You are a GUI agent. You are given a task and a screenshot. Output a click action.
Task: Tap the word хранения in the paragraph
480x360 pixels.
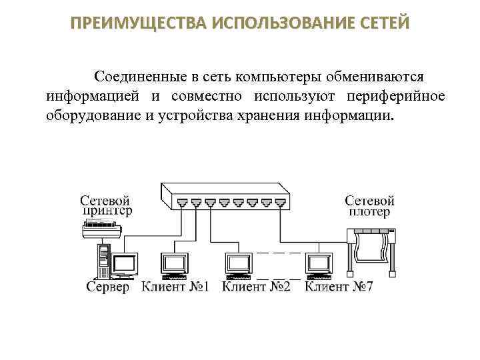pos(267,117)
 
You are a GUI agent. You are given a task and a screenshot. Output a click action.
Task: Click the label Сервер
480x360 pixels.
pos(108,287)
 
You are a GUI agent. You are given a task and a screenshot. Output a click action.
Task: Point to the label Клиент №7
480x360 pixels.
pos(339,287)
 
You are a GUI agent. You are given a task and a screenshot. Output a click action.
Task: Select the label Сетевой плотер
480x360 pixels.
pos(369,206)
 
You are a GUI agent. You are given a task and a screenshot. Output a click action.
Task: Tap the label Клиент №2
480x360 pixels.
pos(256,287)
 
